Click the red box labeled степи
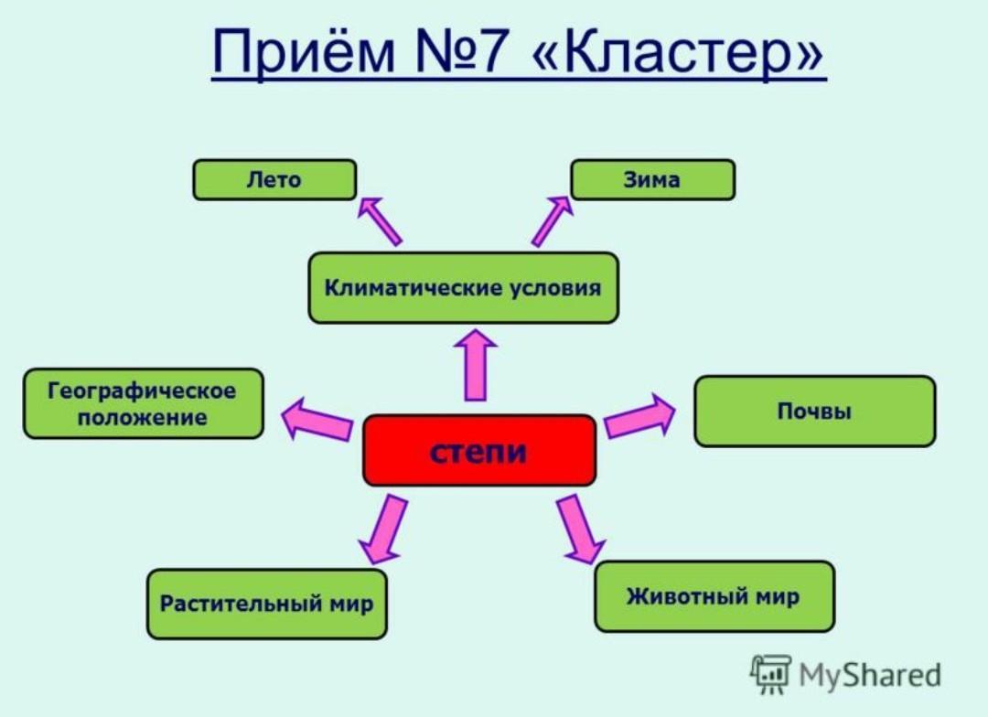479,451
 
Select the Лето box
274,180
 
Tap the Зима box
653,180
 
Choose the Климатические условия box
463,288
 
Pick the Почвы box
815,412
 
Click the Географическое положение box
143,404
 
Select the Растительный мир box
266,605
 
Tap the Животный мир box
714,596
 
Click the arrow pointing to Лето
380,221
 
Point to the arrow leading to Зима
552,221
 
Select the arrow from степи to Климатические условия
476,365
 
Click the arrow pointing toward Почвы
639,416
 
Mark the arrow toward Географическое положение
317,420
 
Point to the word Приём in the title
303,50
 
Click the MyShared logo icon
770,674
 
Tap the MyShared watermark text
870,676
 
